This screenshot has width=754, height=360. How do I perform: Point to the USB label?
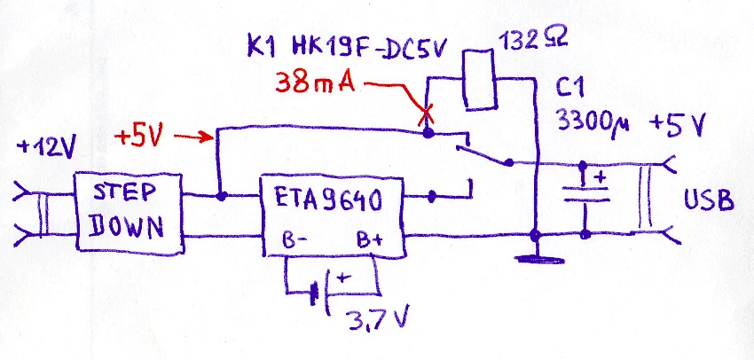point(708,201)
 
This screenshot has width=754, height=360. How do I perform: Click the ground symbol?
point(534,258)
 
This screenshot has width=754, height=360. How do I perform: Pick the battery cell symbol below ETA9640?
point(320,290)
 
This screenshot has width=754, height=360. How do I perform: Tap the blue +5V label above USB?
point(677,124)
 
